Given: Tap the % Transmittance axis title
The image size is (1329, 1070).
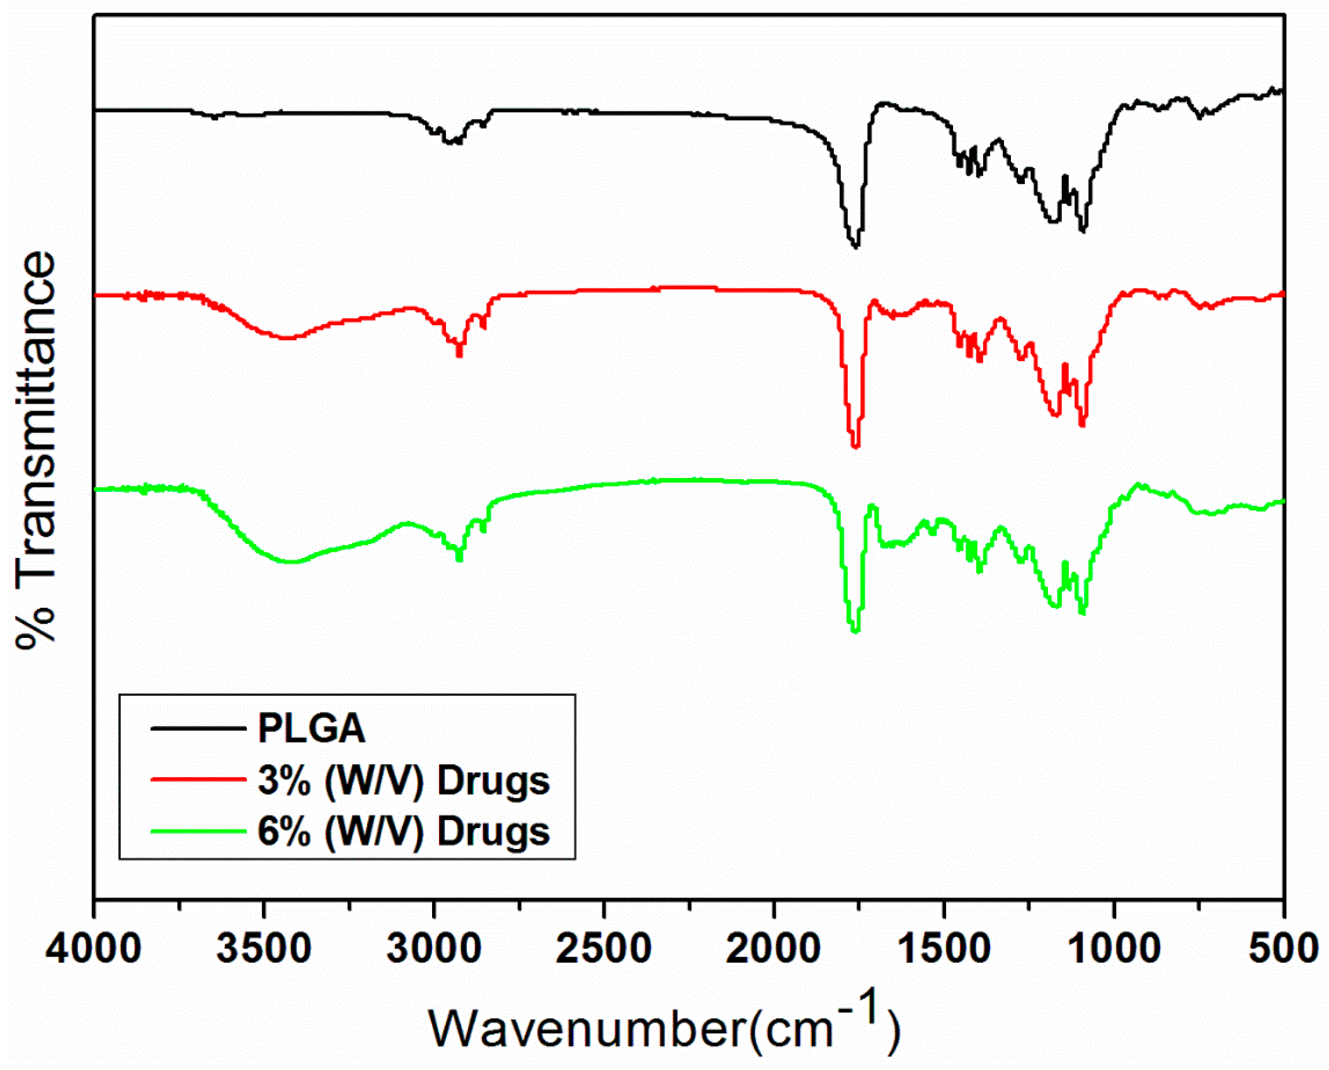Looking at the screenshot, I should click(x=36, y=450).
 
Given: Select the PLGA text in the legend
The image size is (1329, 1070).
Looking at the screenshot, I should click(x=311, y=729).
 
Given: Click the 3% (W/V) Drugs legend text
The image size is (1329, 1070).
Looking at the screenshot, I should click(x=404, y=780).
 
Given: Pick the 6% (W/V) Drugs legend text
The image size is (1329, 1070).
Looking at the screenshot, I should click(x=404, y=831).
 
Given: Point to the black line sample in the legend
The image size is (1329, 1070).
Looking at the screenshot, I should click(x=198, y=729).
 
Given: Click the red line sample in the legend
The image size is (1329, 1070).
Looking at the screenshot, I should click(x=198, y=780).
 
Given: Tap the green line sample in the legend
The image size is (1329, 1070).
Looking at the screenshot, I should click(x=198, y=831).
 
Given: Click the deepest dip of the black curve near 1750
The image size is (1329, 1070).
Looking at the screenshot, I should click(x=855, y=247).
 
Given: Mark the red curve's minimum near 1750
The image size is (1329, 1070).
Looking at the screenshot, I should click(x=855, y=447).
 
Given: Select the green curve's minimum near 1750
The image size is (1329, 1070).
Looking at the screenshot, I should click(x=855, y=631).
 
